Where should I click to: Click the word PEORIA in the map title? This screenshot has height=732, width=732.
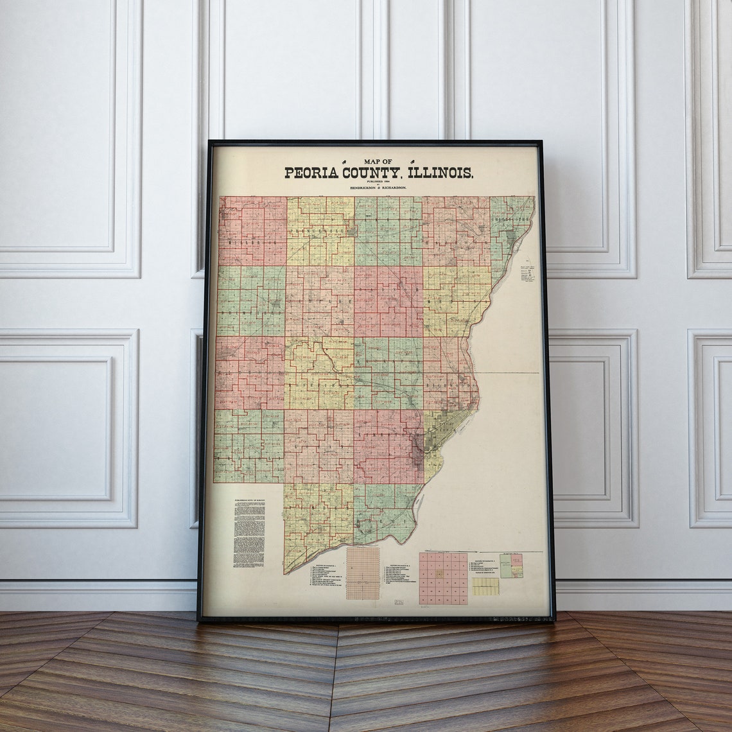[312, 173]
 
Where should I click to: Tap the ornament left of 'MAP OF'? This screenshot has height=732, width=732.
[346, 161]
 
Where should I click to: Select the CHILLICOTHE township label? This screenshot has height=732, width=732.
[511, 219]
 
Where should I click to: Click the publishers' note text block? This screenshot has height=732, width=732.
[249, 534]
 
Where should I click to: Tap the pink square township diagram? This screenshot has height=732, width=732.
[443, 578]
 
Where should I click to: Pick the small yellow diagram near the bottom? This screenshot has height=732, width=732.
[485, 586]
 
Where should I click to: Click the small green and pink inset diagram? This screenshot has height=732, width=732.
[511, 566]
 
